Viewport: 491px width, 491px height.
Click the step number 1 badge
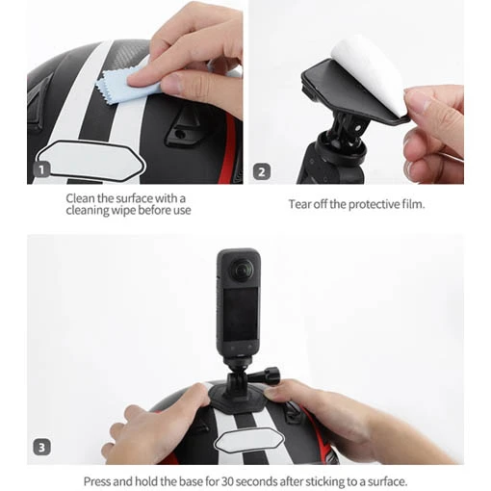(x=41, y=169)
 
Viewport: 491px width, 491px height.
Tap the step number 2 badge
(x=262, y=171)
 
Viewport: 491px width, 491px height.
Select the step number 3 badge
(x=41, y=447)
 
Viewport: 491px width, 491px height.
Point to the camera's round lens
(x=243, y=270)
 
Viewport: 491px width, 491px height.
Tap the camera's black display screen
(x=241, y=314)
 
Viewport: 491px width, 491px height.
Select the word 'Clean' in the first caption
(x=81, y=198)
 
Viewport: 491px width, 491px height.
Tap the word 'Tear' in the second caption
(x=299, y=204)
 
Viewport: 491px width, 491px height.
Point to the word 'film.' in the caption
(x=414, y=204)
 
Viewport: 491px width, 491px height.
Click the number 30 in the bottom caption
(x=227, y=481)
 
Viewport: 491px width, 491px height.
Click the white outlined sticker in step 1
(x=91, y=162)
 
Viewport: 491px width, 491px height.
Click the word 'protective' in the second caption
(x=375, y=204)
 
